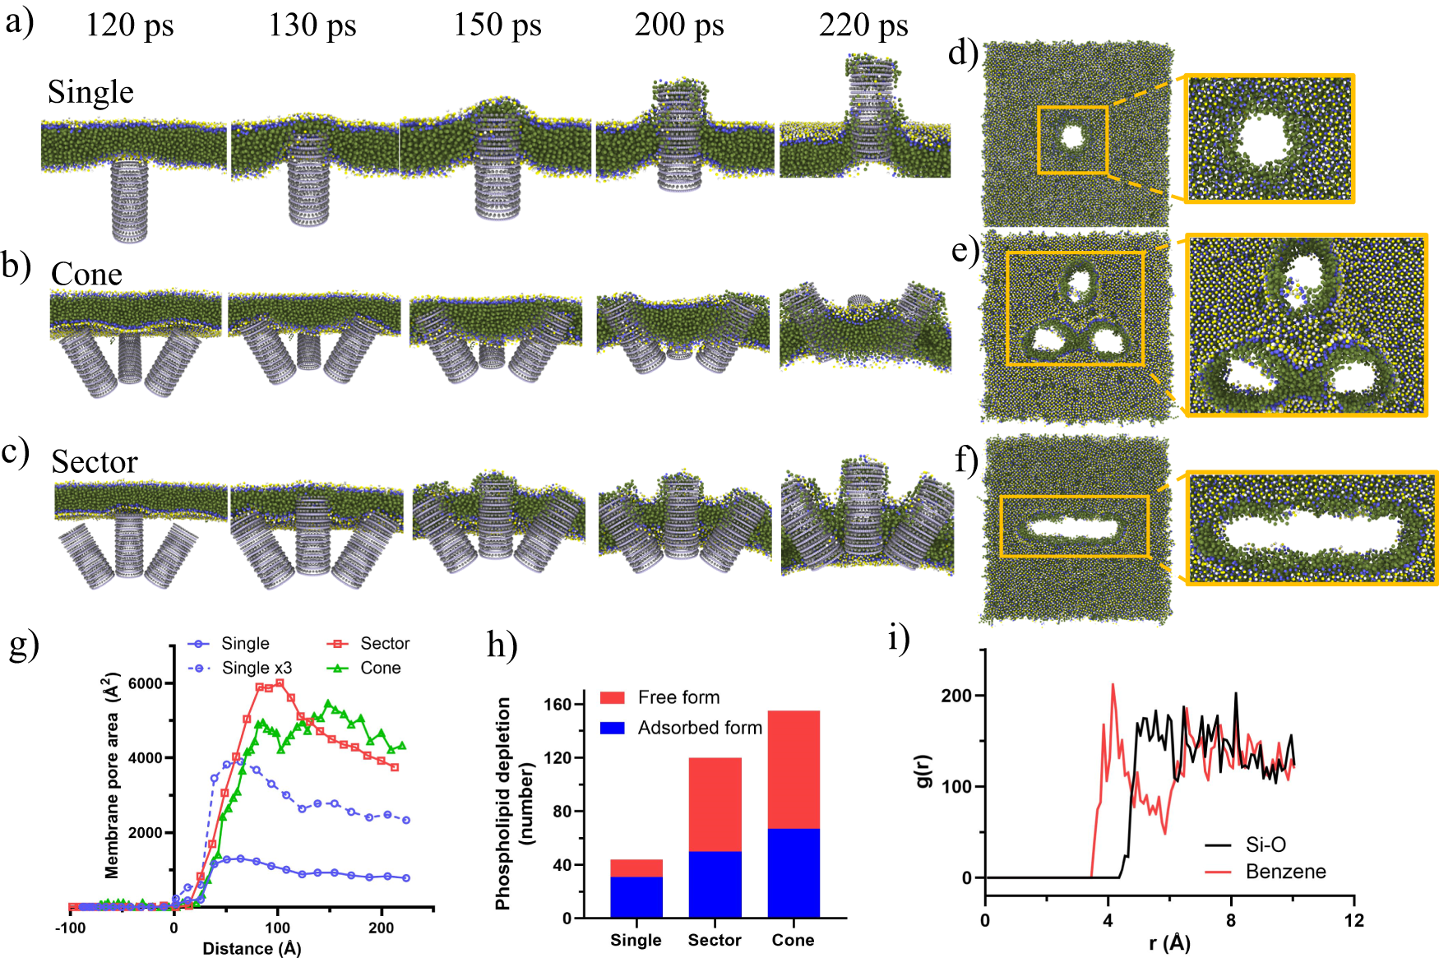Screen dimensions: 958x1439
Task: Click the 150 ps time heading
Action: [x=497, y=25]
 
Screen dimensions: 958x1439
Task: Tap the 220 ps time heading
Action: [x=863, y=25]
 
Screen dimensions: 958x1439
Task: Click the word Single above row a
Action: [x=90, y=92]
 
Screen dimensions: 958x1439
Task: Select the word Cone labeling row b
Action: [x=86, y=274]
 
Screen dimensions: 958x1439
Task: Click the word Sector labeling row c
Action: [x=94, y=462]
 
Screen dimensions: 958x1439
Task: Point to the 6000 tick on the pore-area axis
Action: [x=145, y=683]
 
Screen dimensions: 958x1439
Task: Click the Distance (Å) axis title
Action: [x=252, y=948]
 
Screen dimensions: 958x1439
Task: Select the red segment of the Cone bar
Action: [x=794, y=769]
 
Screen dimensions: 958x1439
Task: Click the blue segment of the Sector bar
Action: [x=715, y=884]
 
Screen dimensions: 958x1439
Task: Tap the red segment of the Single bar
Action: [x=636, y=868]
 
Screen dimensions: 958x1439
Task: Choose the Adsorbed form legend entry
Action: [x=699, y=728]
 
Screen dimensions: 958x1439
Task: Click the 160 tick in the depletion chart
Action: [x=558, y=704]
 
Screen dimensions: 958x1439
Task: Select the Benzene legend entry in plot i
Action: [x=1285, y=872]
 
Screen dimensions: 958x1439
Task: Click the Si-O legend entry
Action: [x=1265, y=845]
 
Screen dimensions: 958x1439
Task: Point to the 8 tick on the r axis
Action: [x=1231, y=920]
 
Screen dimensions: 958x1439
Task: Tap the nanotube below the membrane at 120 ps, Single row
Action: [x=130, y=201]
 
